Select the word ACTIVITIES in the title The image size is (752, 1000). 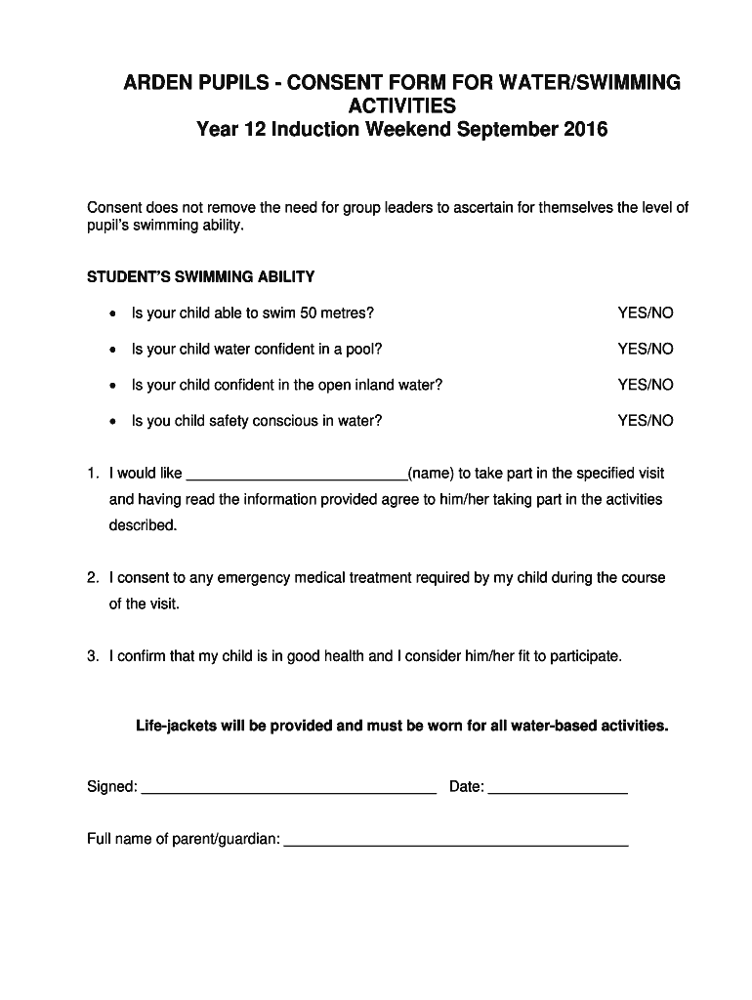401,105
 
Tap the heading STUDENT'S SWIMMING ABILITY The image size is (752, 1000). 200,276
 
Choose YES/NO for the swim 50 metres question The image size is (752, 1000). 645,313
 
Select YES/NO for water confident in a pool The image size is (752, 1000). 645,349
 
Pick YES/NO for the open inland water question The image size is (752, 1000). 645,385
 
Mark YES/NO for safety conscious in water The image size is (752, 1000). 645,421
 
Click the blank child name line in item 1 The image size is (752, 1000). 296,476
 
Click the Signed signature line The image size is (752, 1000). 288,789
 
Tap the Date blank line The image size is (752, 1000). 557,789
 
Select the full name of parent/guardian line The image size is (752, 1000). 455,841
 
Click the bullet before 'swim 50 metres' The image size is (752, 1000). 113,314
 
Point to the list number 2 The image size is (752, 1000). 92,578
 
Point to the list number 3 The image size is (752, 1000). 92,656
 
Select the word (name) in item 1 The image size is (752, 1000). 431,474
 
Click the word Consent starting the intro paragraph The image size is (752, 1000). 114,208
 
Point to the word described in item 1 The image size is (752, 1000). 143,525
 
